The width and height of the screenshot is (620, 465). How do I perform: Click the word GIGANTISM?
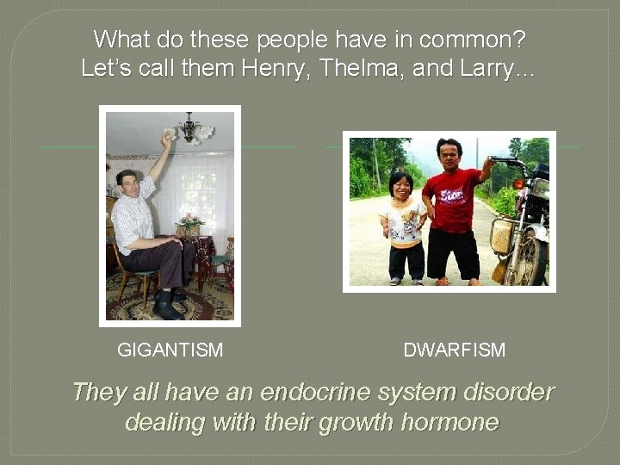click(x=170, y=350)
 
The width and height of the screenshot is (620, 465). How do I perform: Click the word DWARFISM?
click(x=454, y=350)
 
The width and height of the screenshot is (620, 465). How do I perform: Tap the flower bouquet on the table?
click(x=190, y=223)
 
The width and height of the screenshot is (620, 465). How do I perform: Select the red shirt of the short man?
click(x=451, y=199)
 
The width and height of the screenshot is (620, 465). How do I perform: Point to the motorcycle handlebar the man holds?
click(x=504, y=161)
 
